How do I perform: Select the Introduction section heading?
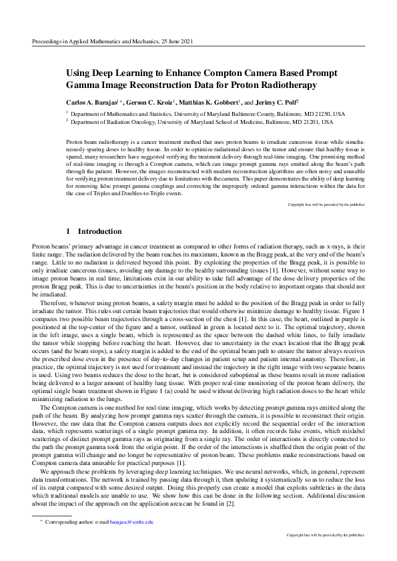coord(99,231)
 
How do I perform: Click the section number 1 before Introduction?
coord(69,231)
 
